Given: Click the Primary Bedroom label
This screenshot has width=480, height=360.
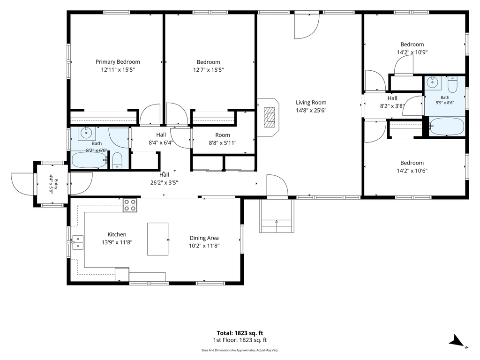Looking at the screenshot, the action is coord(118,62).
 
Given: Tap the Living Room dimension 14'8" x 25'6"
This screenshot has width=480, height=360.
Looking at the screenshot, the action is coord(311,111).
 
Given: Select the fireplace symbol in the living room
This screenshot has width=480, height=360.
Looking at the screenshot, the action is coord(270,117).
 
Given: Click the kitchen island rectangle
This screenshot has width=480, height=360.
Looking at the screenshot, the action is coord(157,239).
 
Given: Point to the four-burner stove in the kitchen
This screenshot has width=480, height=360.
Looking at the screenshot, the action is coord(130,205).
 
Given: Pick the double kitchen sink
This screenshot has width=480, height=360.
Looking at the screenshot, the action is coord(78,242).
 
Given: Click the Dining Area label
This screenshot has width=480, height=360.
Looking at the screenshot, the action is coord(204,238).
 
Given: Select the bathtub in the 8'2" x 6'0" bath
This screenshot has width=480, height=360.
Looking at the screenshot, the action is coord(90,160).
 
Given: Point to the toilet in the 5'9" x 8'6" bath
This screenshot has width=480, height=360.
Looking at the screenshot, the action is coord(452,85).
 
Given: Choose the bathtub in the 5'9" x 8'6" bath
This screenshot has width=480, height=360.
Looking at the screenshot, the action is coord(447,127).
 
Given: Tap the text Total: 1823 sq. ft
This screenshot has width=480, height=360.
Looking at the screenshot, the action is coord(240,333).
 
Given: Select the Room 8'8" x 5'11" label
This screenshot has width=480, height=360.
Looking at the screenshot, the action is coord(223,139).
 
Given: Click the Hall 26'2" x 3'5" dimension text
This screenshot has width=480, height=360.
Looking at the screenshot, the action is coord(164,183).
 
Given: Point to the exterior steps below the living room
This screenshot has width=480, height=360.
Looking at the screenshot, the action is coord(277,216).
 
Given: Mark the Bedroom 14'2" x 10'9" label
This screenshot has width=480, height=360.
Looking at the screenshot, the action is coord(412,48).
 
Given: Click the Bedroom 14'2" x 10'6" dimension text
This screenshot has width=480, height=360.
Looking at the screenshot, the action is coord(412,171).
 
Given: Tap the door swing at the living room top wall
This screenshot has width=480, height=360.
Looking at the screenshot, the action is coord(307,26).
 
